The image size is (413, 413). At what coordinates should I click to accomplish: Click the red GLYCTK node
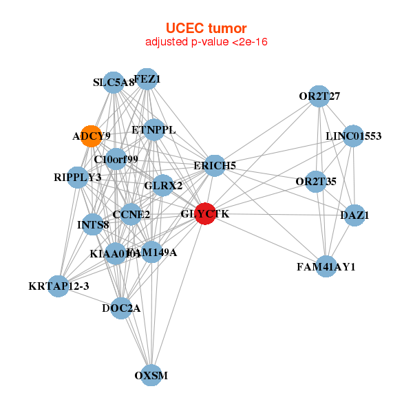coord(205,214)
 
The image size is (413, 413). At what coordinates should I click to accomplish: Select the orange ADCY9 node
coord(91,136)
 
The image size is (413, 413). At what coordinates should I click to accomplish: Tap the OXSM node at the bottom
coord(151,375)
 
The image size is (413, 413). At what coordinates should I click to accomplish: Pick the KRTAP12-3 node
coord(59,286)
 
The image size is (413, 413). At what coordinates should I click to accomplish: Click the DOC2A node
coord(121,308)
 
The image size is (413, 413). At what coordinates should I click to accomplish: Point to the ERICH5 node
coord(215,165)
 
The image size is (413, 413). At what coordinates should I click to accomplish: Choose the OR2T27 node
coord(319,96)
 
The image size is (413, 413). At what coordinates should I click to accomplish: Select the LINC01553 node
coord(353,136)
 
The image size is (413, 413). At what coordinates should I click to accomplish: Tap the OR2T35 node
coord(316,182)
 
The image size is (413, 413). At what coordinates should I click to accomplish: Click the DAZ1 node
coord(354,215)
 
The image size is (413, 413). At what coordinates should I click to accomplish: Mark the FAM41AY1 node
coord(326,266)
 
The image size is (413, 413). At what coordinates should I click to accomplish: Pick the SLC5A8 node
coord(114,83)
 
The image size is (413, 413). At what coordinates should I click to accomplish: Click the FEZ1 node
coord(147,79)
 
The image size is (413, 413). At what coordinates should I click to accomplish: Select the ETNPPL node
coord(153,129)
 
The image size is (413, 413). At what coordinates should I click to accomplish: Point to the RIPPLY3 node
coord(77,178)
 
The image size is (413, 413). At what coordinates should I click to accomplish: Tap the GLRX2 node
coord(163,185)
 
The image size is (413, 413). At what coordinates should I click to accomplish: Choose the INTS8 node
coord(94,224)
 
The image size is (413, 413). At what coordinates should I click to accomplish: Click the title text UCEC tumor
coord(206,28)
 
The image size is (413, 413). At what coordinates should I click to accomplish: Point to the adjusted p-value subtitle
coord(206,42)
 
